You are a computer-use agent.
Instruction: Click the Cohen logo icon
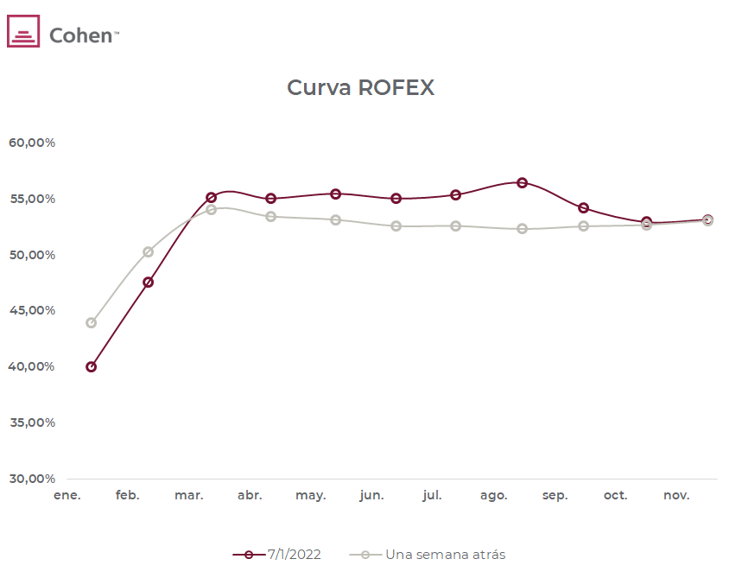point(23,31)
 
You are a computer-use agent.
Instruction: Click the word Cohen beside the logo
point(81,35)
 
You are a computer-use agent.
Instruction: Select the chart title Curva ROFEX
point(360,87)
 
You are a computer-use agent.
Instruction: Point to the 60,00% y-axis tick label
point(32,143)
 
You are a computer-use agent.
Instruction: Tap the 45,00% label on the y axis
point(32,310)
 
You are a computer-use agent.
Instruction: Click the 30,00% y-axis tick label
point(32,479)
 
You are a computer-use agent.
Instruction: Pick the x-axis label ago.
point(493,496)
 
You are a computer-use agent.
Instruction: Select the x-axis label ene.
point(67,496)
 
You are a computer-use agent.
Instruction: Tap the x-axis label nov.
point(676,496)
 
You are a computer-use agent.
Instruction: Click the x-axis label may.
point(310,496)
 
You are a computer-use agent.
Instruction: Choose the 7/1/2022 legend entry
point(277,555)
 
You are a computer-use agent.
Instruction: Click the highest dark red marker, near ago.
point(522,182)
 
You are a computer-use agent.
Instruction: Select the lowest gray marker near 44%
point(91,323)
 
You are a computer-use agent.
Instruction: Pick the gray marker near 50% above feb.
point(148,252)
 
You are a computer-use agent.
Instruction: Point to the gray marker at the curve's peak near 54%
point(211,209)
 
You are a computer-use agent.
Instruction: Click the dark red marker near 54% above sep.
point(584,208)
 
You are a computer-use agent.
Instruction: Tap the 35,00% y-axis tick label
point(32,422)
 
